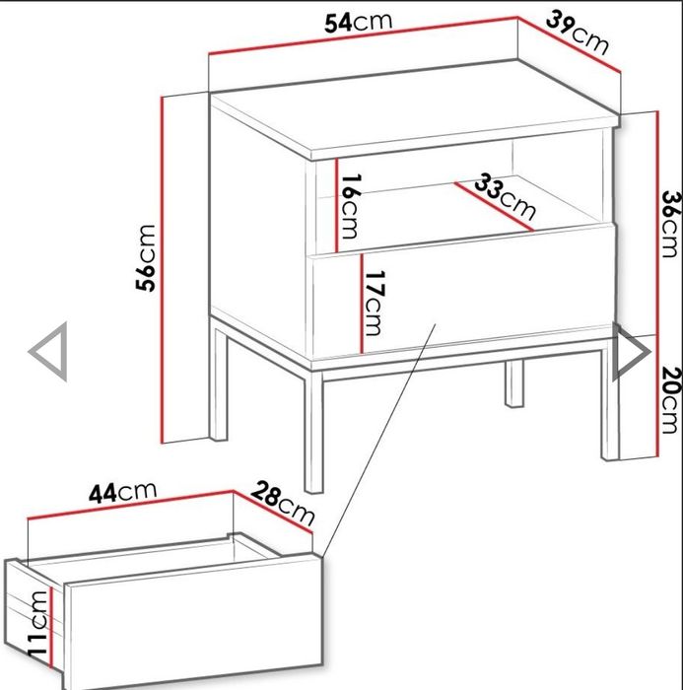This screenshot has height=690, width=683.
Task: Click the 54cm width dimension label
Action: (358, 23)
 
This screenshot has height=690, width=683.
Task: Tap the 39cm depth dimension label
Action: (578, 33)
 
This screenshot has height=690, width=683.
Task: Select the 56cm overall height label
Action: (146, 258)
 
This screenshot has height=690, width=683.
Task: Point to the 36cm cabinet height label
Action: (671, 224)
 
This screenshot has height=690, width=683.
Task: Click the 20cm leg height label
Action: (671, 400)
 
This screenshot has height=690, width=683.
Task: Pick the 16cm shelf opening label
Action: (351, 206)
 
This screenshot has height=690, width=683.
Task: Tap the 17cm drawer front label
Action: (375, 304)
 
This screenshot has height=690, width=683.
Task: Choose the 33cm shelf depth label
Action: (506, 197)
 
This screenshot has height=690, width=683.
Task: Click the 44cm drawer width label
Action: (122, 492)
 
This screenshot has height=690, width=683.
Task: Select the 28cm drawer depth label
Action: (284, 503)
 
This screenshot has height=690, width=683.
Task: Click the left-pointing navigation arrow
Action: (48, 352)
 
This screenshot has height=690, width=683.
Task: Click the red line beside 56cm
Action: (163, 270)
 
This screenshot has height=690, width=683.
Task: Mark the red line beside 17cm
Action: (362, 304)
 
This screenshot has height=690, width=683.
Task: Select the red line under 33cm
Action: (494, 206)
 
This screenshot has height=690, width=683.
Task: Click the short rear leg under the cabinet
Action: (514, 383)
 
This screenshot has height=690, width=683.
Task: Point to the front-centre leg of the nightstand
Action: (313, 432)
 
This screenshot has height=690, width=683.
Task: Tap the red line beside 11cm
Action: (51, 627)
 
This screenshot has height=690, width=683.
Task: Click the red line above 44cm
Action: (130, 505)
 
